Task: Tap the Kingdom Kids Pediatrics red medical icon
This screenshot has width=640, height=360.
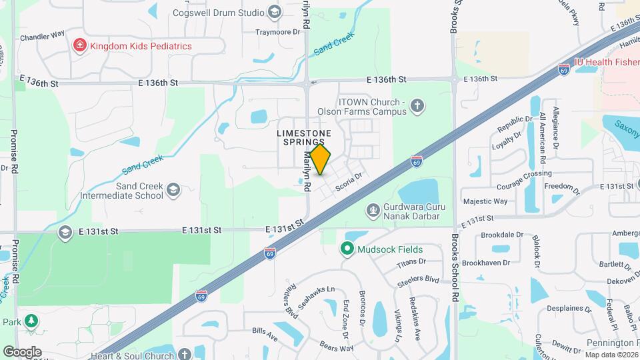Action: (x=79, y=46)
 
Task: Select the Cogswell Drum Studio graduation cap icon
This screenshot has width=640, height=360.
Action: (x=274, y=13)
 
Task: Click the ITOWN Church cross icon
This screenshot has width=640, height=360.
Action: (x=417, y=105)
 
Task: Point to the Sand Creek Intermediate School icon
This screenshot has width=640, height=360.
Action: (x=173, y=191)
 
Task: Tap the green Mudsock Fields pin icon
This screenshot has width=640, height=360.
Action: (x=347, y=249)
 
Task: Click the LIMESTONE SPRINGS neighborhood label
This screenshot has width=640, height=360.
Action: (x=304, y=138)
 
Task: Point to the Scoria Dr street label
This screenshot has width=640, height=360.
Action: (x=348, y=181)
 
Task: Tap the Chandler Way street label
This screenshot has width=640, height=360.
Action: (x=42, y=37)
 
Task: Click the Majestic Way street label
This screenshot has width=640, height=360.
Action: (x=485, y=201)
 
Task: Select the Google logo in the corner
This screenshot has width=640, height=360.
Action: (x=22, y=352)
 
